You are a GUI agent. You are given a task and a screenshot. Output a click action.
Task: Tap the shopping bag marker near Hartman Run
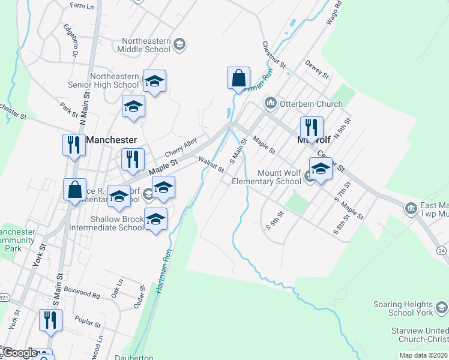pyautogui.click(x=238, y=79)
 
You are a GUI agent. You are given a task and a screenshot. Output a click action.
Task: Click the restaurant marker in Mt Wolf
pyautogui.click(x=312, y=128)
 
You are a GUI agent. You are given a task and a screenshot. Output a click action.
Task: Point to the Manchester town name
pyautogui.click(x=112, y=140)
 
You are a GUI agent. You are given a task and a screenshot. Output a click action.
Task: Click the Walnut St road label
pyautogui.click(x=211, y=163)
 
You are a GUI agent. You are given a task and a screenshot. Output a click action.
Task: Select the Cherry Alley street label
pyautogui.click(x=181, y=146)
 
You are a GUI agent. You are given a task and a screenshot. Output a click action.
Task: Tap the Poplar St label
pyautogui.click(x=88, y=321)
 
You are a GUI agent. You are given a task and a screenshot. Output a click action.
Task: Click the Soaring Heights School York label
pyautogui.click(x=402, y=308)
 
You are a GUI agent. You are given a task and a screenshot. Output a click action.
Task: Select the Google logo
pyautogui.click(x=20, y=353)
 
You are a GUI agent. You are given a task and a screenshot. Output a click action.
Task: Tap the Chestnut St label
pyautogui.click(x=271, y=55)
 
